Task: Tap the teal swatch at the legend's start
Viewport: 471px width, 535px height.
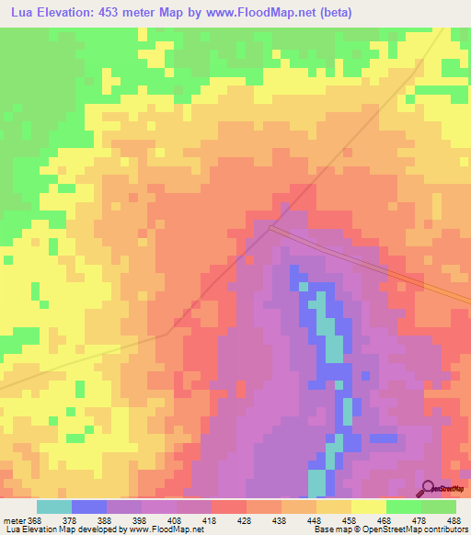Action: click(53, 507)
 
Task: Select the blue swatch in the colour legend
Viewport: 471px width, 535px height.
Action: click(89, 507)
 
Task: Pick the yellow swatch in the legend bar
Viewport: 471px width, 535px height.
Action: click(368, 507)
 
